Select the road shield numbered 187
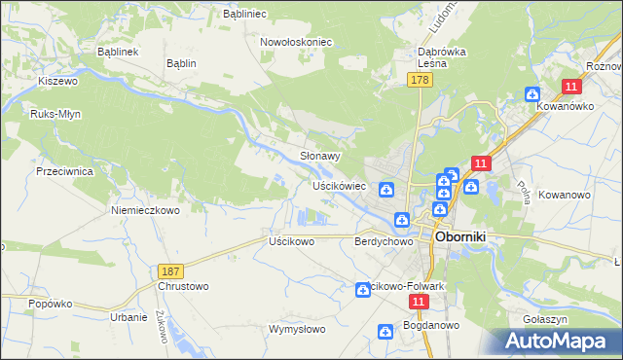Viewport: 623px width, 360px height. coord(170,268)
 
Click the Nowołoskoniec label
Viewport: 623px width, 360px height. coord(296,43)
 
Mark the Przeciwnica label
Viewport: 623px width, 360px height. coord(63,170)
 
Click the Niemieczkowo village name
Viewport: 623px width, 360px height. coord(146,209)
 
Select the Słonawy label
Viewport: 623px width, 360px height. coord(319,156)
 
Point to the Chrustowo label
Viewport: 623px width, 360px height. coord(182,287)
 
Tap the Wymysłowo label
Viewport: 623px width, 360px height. coord(297,329)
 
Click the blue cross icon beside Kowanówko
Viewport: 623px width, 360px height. coord(531,94)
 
